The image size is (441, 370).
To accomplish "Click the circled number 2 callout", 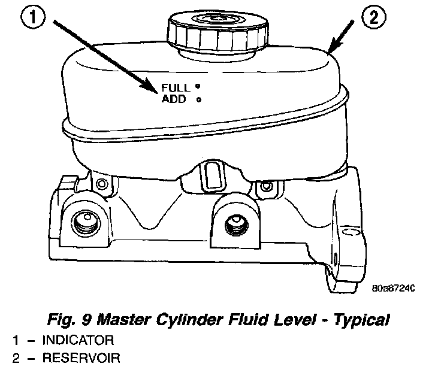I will [x=372, y=18].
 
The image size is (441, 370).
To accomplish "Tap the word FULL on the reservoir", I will [x=175, y=87].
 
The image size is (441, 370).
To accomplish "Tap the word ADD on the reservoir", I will [x=174, y=99].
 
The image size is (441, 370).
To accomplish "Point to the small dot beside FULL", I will [x=197, y=86].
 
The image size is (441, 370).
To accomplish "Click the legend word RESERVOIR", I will [x=80, y=359].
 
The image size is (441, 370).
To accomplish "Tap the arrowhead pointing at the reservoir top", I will [x=332, y=47].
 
